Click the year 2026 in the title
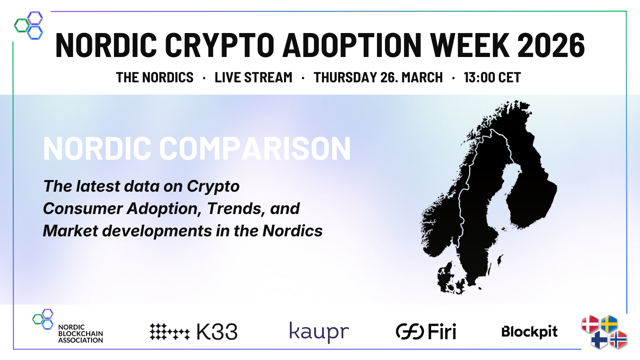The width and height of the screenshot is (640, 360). pos(551,45)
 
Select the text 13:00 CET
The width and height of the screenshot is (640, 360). pos(492,78)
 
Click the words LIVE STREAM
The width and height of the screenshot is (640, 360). pos(253,78)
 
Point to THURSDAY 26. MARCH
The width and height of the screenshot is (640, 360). pos(378,78)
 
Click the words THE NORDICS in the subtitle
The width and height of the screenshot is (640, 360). pos(155,78)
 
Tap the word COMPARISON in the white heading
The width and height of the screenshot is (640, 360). pos(255,149)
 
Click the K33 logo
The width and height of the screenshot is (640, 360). pos(194,332)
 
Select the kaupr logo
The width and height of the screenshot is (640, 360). pos(319,332)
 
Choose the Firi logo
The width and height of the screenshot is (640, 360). pos(426,332)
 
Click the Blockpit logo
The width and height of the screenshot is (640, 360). pos(529,332)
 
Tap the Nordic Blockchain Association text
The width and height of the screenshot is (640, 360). pos(81,334)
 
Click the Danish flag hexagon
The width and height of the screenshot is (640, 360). pos(590,324)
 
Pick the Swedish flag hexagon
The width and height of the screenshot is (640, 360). pos(609,324)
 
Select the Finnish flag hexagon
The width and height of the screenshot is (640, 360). pos(599,340)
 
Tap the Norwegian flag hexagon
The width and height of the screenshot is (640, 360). pos(618,340)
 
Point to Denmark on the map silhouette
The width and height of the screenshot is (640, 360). pos(448,278)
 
